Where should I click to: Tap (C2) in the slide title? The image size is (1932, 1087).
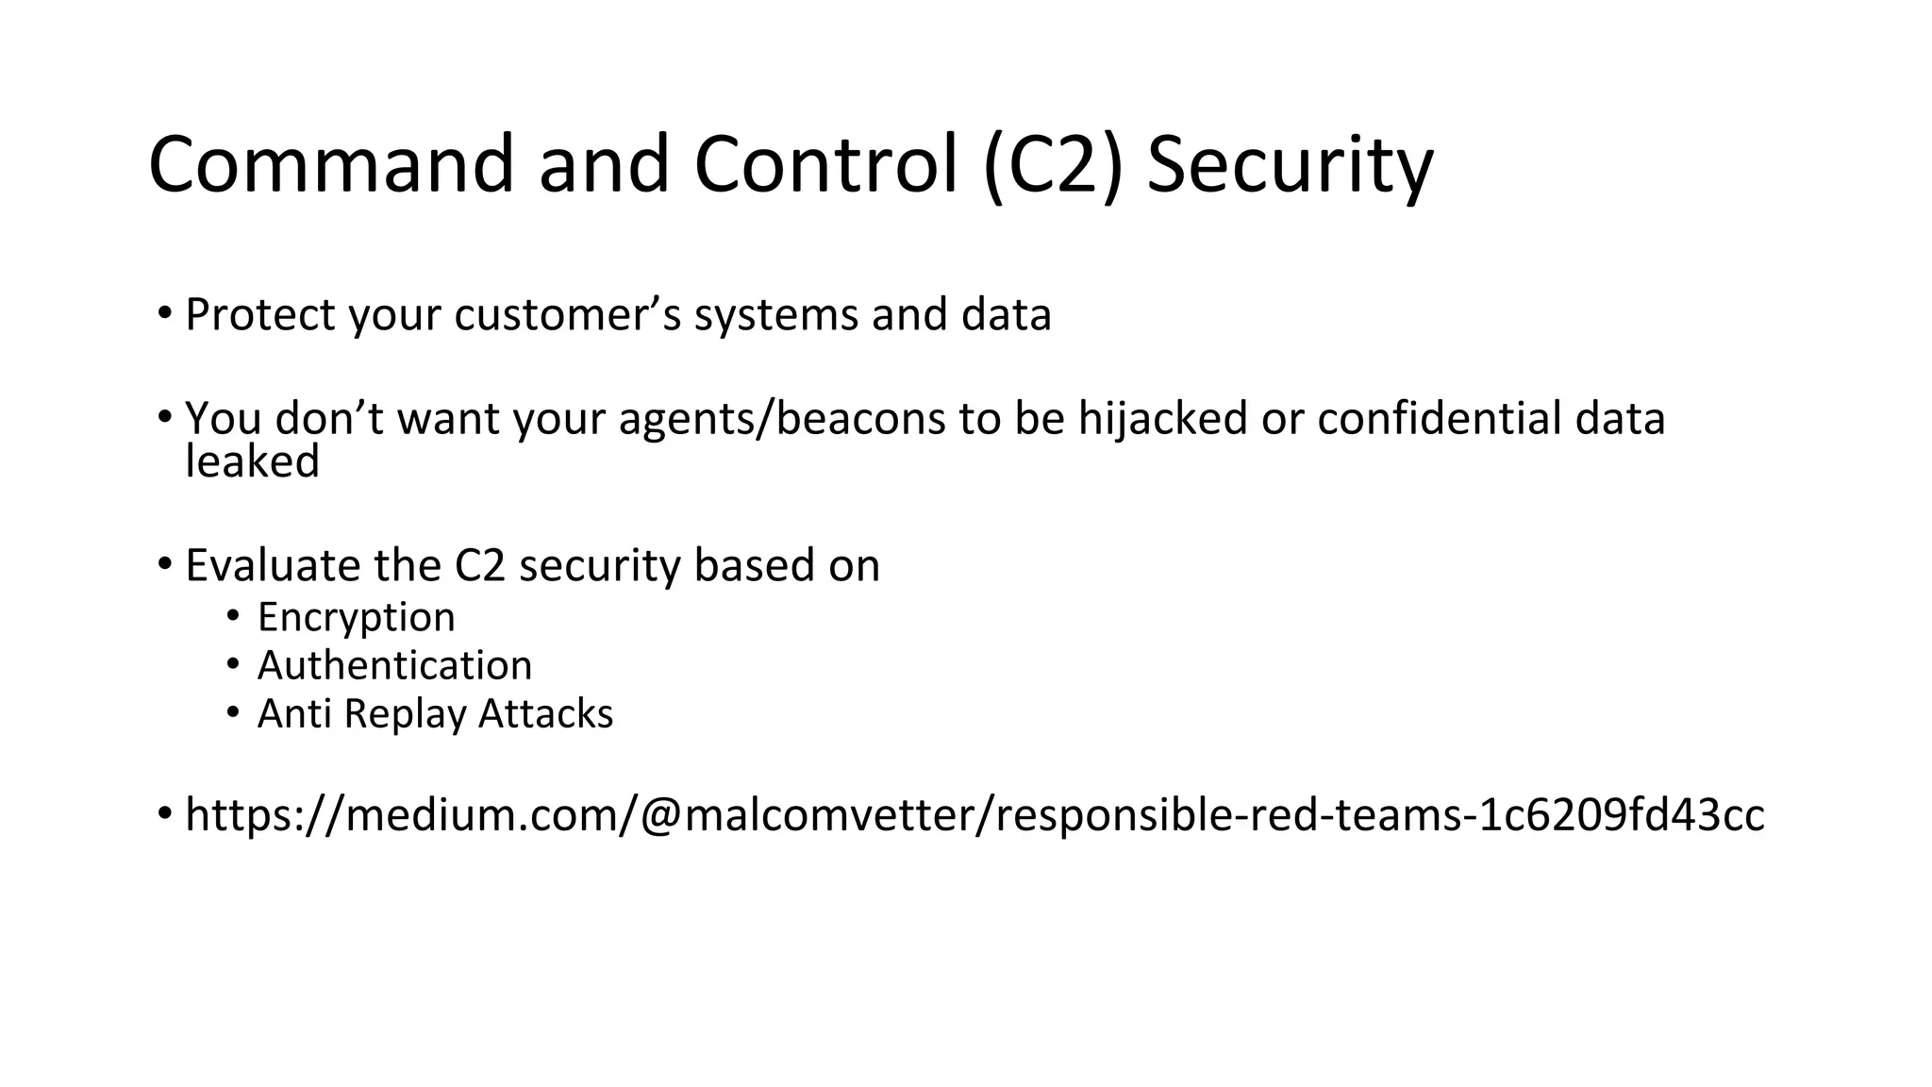click(x=1053, y=165)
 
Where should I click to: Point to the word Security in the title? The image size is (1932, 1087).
click(x=1289, y=167)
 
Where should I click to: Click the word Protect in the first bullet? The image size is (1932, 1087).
click(x=259, y=314)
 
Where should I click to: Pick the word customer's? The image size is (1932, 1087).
click(x=567, y=314)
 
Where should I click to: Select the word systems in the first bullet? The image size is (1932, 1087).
click(x=775, y=316)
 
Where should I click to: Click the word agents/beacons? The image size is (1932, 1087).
click(x=782, y=419)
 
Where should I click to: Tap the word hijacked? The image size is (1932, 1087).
click(x=1163, y=417)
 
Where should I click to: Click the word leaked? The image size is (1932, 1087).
click(x=252, y=461)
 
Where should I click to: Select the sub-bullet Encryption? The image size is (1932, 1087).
click(x=356, y=617)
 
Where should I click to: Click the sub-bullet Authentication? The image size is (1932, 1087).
click(x=394, y=665)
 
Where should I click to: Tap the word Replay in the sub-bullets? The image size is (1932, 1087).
click(x=405, y=714)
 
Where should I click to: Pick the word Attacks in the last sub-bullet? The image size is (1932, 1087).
click(x=545, y=713)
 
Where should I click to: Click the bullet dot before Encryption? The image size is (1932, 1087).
click(x=233, y=616)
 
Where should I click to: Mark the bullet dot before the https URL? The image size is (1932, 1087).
click(x=165, y=812)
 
